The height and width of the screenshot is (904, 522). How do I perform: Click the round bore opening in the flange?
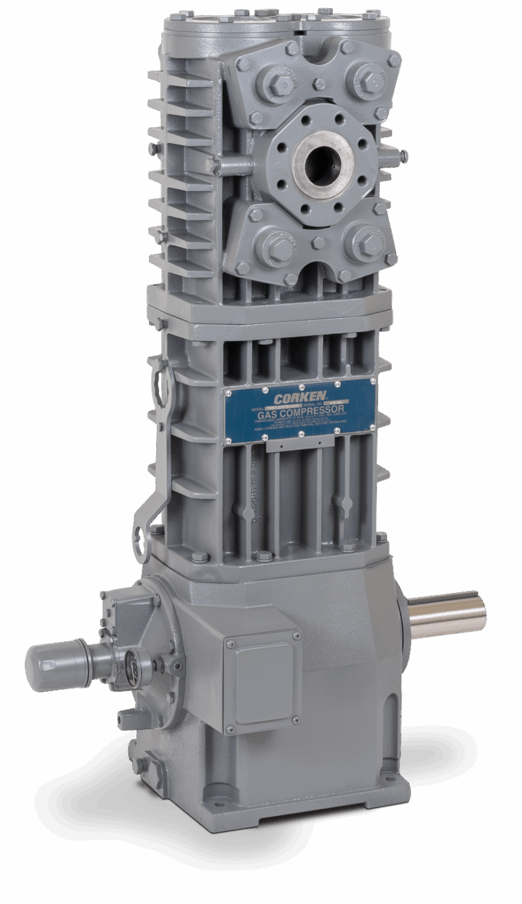322,160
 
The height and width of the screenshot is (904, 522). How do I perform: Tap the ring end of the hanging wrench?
142,537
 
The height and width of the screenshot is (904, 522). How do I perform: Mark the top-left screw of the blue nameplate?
228,393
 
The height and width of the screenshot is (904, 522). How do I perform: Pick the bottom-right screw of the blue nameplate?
371,427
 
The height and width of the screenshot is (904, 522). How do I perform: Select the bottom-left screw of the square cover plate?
229,729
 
